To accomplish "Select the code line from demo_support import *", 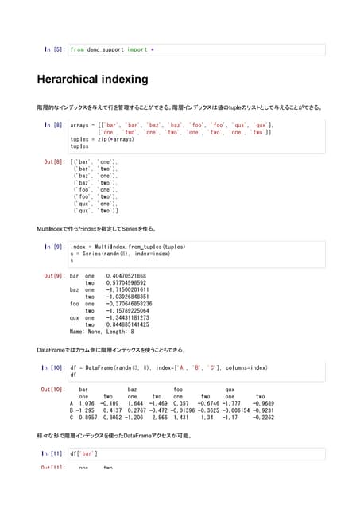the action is pyautogui.click(x=112, y=49).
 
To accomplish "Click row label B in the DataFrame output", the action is pyautogui.click(x=72, y=410).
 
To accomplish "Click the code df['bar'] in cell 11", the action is pyautogui.click(x=84, y=453).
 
